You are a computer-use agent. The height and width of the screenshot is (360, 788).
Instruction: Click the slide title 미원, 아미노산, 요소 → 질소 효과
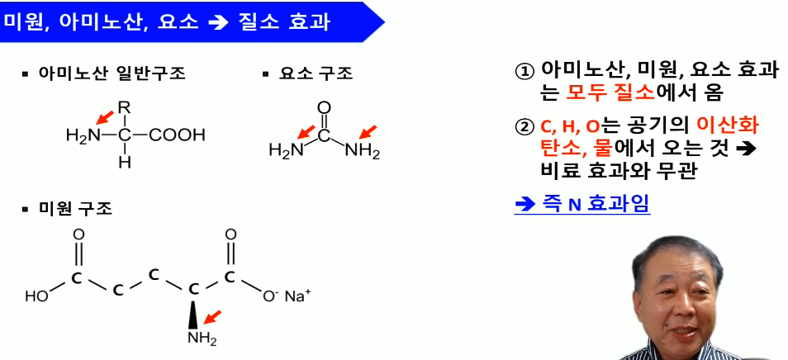tap(165, 21)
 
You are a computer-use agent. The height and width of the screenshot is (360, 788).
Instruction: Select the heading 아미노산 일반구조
tap(112, 73)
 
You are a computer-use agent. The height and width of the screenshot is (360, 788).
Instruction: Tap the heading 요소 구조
tap(315, 73)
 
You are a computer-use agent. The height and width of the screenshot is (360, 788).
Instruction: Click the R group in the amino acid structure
tap(125, 107)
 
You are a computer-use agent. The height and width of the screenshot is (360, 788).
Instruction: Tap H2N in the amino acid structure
tap(82, 135)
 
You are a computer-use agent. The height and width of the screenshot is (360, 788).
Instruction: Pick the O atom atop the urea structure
tap(324, 107)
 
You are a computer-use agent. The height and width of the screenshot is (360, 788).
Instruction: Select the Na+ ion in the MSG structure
tap(298, 296)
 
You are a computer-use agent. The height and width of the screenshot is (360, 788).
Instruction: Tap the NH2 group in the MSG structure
tap(201, 338)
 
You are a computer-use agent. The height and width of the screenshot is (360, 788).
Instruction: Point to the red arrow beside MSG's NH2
tap(213, 317)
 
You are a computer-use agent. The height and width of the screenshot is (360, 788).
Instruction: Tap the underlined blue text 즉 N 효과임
tap(582, 204)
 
